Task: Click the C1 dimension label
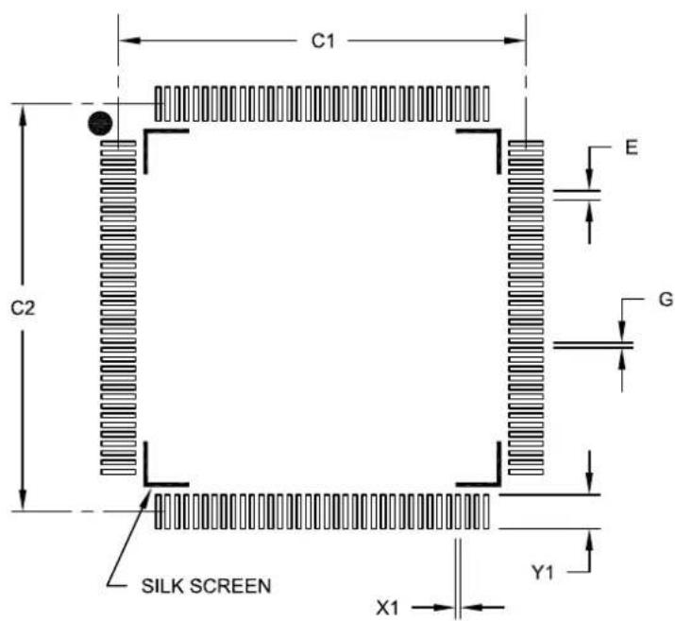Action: coord(323,42)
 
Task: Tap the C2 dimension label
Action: coord(23,308)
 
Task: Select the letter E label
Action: coord(631,147)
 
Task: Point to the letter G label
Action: coord(666,299)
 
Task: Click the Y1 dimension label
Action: coord(543,572)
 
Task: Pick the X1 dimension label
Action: coord(388,608)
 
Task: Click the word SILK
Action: coord(163,586)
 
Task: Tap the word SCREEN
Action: coord(230,586)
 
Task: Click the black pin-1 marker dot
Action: coord(100,124)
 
